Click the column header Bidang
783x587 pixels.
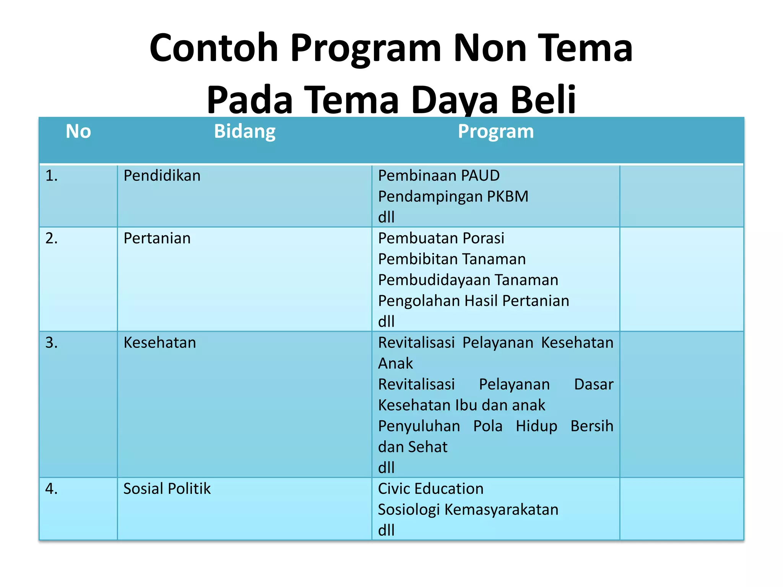245,132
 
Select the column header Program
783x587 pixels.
495,132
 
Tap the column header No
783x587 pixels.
78,132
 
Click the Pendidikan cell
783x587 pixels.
162,176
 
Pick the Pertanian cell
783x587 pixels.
157,238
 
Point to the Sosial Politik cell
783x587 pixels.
167,489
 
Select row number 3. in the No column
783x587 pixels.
52,343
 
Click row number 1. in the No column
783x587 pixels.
52,176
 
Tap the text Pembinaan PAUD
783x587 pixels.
439,176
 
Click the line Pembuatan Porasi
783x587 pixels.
441,238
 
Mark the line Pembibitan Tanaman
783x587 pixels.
452,259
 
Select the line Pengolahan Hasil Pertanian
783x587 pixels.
473,301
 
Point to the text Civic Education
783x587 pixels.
430,489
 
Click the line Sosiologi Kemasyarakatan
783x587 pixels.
468,510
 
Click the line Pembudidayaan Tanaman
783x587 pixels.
468,280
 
